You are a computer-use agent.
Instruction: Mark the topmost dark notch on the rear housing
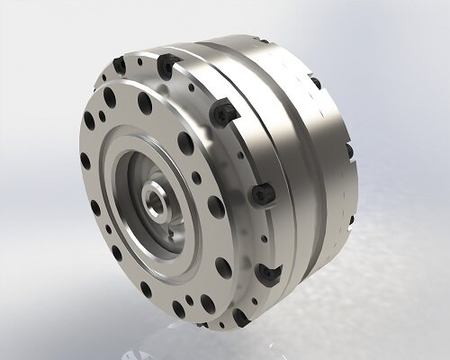point(315,84)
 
